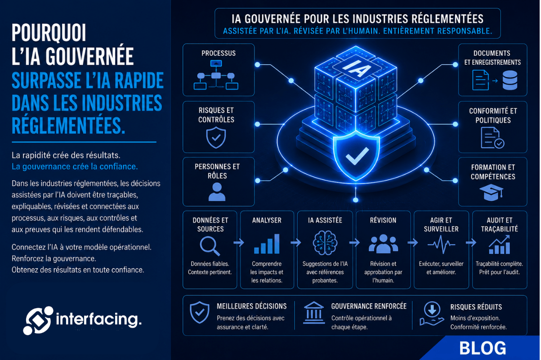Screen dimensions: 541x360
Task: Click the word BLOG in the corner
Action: click(482, 348)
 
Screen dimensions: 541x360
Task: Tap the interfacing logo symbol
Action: click(38, 320)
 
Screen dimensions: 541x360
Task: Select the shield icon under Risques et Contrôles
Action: click(216, 138)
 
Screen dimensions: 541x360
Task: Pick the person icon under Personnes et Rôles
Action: click(217, 192)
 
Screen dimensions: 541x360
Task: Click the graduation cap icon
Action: click(492, 192)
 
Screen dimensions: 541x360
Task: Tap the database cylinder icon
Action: click(510, 81)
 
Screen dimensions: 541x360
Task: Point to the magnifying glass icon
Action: click(210, 246)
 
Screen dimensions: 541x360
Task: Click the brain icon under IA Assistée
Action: click(325, 243)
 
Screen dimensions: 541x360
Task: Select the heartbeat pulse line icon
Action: click(441, 244)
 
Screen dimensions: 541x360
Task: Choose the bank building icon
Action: click(314, 313)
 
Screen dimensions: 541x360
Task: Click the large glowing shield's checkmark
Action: click(357, 156)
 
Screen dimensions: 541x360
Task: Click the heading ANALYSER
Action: click(267, 220)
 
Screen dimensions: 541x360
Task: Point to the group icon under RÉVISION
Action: click(383, 244)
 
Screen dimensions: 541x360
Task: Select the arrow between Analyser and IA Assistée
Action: click(296, 243)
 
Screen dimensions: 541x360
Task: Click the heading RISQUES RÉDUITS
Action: click(476, 307)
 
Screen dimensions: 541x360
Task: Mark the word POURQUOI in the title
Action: click(49, 33)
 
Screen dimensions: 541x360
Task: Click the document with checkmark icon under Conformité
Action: click(492, 138)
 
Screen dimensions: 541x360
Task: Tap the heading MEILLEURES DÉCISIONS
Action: click(252, 306)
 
